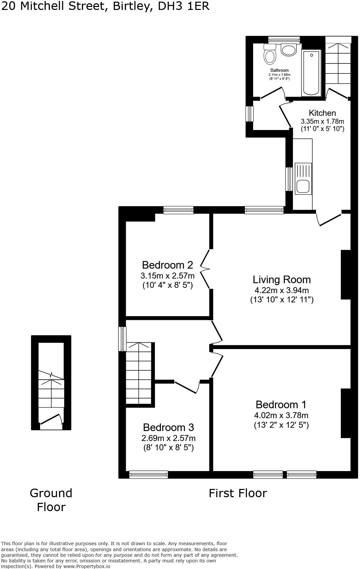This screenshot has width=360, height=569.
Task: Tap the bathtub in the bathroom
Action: [x=311, y=73]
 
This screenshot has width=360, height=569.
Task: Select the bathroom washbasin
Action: [x=289, y=50]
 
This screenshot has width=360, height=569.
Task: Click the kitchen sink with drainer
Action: [x=303, y=179]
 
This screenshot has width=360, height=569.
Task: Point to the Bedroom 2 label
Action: [x=167, y=265]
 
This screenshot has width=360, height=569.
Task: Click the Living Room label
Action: [x=282, y=280]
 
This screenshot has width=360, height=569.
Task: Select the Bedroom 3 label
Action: [x=168, y=427]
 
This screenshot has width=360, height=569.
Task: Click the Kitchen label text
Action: [x=322, y=113]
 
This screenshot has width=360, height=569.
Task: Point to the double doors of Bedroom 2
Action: [x=206, y=269]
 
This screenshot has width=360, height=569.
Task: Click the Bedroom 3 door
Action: [x=187, y=387]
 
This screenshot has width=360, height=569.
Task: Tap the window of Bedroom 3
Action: [x=149, y=475]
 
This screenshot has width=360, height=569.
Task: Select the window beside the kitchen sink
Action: [x=289, y=179]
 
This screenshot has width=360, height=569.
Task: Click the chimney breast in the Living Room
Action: [x=346, y=275]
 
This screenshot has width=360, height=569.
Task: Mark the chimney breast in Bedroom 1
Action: [x=346, y=413]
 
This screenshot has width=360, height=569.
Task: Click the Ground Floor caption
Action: [x=51, y=500]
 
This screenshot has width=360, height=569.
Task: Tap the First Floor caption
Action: [x=238, y=493]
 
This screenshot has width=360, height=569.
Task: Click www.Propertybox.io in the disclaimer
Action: [x=87, y=566]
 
